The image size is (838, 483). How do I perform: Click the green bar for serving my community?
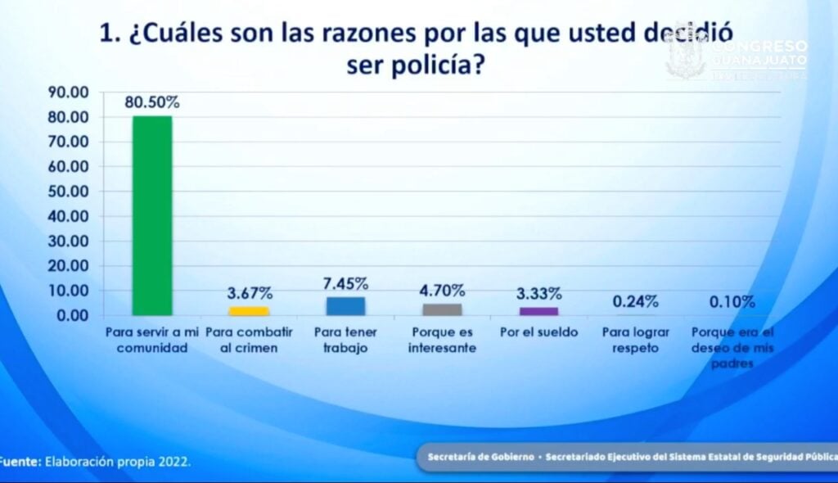[x=152, y=215]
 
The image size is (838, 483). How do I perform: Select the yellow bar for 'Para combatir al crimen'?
[x=249, y=311]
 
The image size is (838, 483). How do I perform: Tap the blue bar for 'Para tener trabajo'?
[x=345, y=305]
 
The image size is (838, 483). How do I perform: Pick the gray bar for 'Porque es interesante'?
[x=442, y=309]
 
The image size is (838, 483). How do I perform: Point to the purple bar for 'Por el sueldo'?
[x=538, y=311]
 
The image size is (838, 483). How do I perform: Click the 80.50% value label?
[x=152, y=103]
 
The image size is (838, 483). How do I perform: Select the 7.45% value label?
[x=345, y=283]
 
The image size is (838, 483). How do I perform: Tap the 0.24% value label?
[x=635, y=300]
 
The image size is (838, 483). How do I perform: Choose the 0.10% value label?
[x=732, y=301]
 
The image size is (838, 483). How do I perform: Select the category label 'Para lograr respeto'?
[x=635, y=340]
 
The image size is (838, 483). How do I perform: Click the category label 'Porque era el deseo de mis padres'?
[x=732, y=348]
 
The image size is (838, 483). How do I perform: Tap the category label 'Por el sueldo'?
[x=538, y=333]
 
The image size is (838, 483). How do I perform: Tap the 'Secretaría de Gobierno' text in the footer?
[x=480, y=456]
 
